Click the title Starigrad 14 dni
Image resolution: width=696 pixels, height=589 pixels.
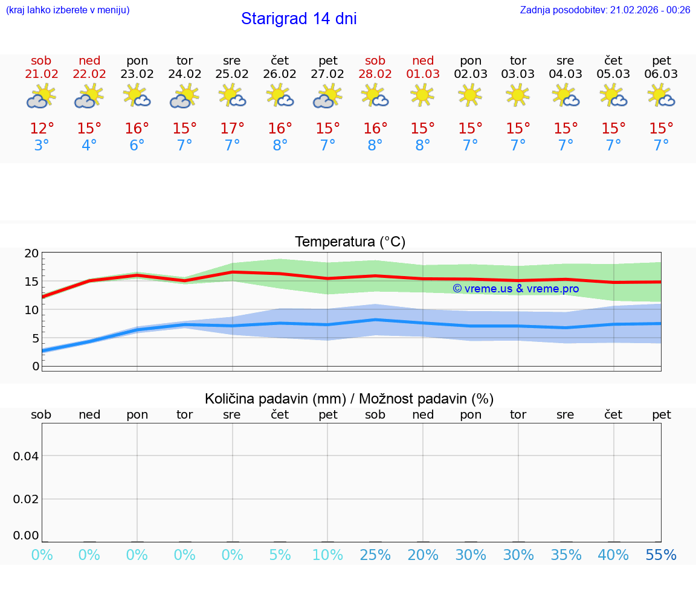298,19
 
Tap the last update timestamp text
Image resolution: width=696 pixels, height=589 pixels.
605,10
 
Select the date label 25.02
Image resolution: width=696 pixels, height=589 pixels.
231,74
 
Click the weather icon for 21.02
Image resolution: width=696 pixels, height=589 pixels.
41,96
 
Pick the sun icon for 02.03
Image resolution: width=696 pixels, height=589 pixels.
470,95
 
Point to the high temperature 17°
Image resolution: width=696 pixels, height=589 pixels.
232,129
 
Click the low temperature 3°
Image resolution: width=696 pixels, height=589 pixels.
41,146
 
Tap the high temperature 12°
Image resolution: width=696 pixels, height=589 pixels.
42,129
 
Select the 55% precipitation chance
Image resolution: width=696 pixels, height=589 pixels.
661,555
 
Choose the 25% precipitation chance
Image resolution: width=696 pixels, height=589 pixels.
375,555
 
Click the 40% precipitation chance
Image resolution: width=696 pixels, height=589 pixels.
613,555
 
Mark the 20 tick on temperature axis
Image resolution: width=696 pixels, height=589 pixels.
31,254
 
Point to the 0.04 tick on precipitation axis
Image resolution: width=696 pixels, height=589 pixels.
26,456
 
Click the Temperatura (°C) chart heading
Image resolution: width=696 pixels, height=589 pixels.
350,242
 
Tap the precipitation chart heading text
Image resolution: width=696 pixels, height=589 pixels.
349,399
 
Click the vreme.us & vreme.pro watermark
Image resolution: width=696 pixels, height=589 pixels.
515,289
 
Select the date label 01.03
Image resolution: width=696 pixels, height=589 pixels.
423,74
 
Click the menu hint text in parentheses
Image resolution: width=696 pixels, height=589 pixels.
68,10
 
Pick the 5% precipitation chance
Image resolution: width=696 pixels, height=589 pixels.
280,555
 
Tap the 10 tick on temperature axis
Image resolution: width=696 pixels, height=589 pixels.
31,310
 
